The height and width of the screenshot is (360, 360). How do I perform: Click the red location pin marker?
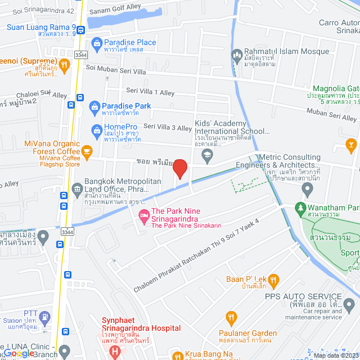(x=180, y=168)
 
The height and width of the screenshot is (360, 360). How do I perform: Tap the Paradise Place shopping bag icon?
(x=97, y=43)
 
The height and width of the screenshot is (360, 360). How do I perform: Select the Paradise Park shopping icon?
(x=96, y=106)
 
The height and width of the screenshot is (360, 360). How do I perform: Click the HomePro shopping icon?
(x=97, y=132)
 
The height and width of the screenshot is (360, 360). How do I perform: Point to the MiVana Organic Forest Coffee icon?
(x=87, y=151)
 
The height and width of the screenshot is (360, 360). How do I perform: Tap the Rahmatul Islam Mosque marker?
(x=237, y=55)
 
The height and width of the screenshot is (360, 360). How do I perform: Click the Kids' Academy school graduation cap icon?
(x=208, y=154)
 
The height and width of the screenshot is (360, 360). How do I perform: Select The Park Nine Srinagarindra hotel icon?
(x=143, y=214)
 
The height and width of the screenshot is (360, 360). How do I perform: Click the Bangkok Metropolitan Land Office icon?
(x=77, y=187)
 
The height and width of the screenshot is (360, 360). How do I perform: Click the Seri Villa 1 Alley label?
(x=150, y=92)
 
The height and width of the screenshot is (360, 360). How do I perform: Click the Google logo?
(x=19, y=353)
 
